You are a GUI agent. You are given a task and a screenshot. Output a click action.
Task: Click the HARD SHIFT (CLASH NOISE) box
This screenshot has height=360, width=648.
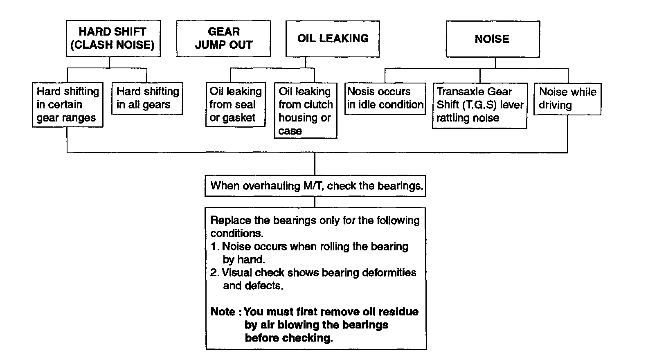(x=113, y=38)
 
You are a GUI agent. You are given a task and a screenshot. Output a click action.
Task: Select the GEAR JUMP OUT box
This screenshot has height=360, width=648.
(x=223, y=38)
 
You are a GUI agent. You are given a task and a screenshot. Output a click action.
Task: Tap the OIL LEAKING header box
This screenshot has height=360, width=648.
(x=333, y=38)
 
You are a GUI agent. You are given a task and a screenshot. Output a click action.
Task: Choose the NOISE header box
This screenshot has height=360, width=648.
(x=492, y=39)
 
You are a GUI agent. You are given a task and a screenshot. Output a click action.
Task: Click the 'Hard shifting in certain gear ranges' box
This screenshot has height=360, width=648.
(x=67, y=105)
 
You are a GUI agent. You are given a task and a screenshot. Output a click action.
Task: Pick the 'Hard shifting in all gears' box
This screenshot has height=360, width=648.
(x=147, y=98)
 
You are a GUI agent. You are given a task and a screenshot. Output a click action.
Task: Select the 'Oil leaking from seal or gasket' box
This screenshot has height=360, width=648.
(x=235, y=105)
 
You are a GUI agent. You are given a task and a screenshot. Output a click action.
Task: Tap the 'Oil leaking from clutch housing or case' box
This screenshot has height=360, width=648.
(x=305, y=111)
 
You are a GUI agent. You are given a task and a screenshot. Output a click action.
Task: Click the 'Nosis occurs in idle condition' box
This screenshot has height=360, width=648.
(x=385, y=98)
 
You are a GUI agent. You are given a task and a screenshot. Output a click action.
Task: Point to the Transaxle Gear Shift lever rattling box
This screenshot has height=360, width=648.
(x=479, y=105)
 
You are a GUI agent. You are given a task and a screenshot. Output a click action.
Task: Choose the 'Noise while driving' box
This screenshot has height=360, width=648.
(x=567, y=99)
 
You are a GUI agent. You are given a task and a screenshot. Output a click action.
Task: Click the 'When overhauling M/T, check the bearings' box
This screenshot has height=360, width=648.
(x=315, y=186)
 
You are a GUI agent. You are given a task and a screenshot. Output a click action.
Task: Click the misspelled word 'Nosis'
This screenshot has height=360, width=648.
(x=361, y=92)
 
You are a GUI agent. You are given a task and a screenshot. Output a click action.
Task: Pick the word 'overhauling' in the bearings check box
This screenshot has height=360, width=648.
(x=271, y=186)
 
